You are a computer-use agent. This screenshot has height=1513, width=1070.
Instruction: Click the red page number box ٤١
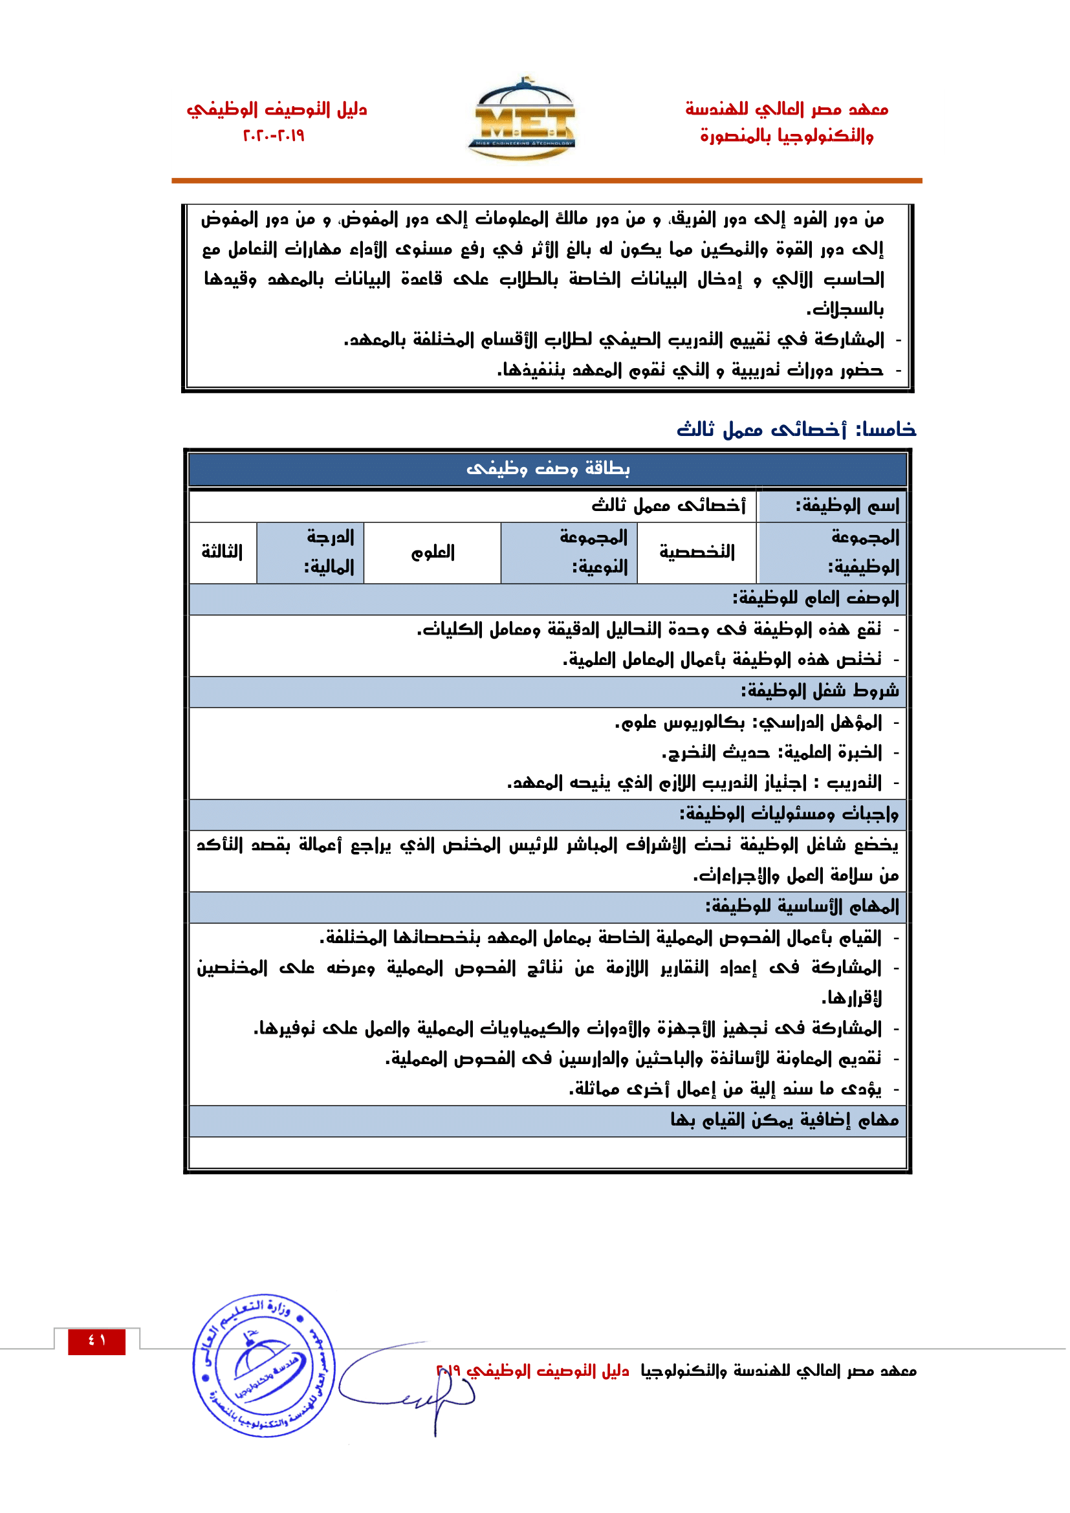tap(96, 1340)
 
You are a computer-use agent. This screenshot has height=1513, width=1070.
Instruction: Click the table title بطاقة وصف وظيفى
tap(547, 468)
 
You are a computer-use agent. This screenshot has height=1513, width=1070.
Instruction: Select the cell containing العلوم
tap(433, 552)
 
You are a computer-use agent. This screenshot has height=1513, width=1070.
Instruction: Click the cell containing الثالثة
tap(222, 552)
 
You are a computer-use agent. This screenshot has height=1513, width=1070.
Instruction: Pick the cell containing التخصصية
tap(697, 552)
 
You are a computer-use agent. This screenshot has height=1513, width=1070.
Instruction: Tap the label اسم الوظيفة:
tap(847, 506)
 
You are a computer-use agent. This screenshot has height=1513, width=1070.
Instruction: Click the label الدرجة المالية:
tap(329, 552)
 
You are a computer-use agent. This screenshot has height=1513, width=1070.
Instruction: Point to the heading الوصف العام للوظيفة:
tap(815, 598)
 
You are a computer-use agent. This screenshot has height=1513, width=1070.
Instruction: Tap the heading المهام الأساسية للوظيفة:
tap(802, 907)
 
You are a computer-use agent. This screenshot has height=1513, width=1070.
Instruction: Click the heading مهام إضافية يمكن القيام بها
tap(784, 1120)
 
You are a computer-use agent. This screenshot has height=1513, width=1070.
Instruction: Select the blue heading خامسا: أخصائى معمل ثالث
tap(796, 430)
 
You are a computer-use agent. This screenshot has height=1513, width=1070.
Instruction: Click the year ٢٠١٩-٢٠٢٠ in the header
tap(274, 136)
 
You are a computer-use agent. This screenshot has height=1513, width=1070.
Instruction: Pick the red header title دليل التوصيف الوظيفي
tap(277, 109)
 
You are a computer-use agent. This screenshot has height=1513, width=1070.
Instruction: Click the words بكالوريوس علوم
tap(680, 723)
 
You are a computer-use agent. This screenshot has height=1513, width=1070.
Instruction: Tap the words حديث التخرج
tap(715, 752)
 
